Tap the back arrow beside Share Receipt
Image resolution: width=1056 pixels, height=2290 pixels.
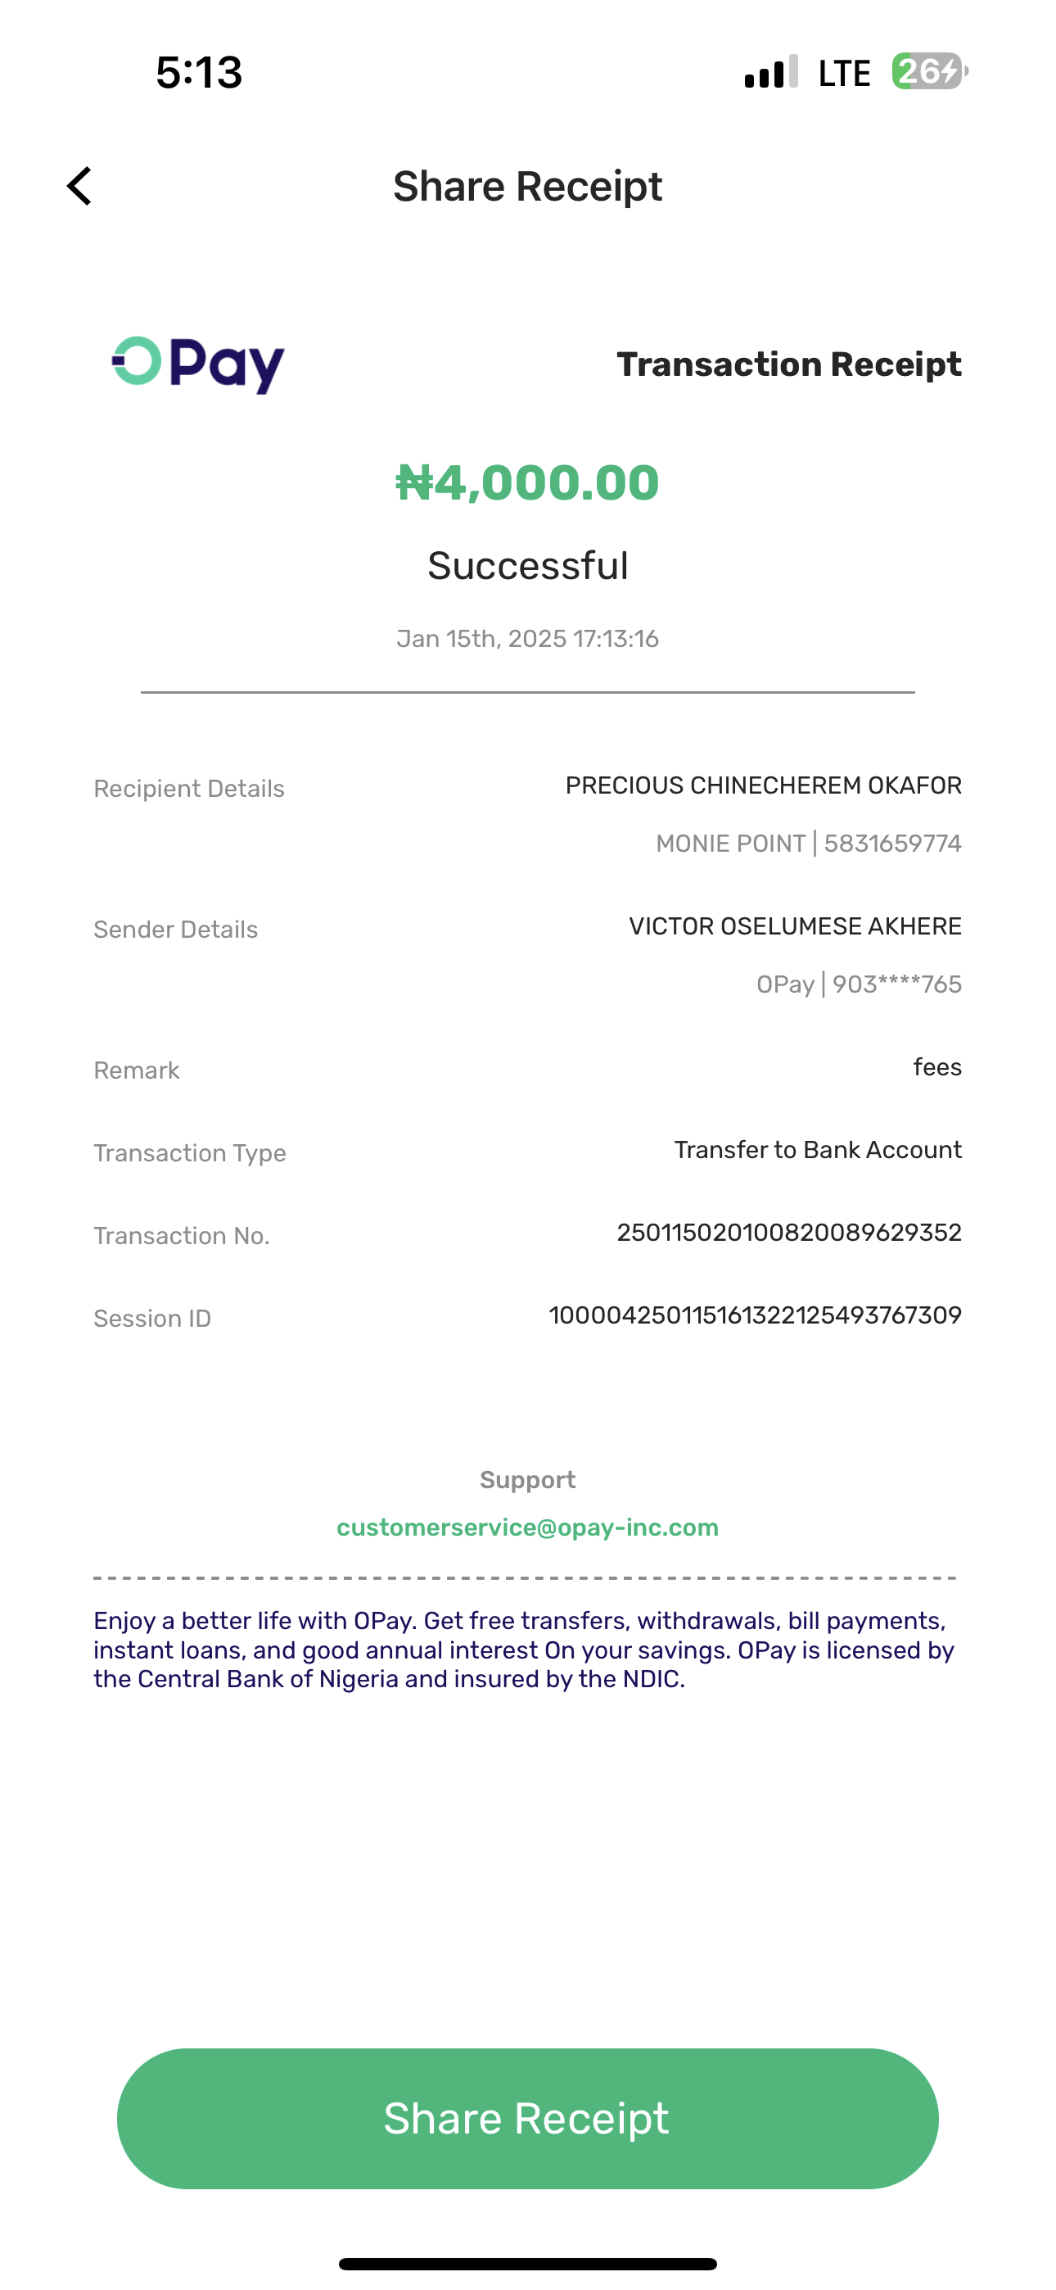[80, 186]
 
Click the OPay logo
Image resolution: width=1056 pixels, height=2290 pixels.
[198, 364]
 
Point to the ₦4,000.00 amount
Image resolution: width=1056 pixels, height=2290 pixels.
[527, 482]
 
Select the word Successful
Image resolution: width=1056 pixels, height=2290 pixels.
[527, 565]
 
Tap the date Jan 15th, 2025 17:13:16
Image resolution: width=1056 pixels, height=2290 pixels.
[527, 639]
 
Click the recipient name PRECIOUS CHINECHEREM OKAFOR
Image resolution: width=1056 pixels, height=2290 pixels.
[763, 785]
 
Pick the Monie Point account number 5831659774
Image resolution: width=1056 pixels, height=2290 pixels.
[892, 844]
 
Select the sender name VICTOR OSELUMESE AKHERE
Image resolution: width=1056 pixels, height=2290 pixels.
[795, 926]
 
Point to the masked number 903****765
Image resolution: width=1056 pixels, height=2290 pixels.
[896, 985]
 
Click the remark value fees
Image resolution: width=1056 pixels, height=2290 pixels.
[936, 1066]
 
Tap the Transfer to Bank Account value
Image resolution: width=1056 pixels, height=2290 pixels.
[817, 1151]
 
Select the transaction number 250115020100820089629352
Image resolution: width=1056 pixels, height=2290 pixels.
[788, 1233]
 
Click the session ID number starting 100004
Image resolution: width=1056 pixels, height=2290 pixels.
[755, 1315]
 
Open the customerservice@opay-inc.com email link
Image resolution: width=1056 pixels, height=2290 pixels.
[527, 1527]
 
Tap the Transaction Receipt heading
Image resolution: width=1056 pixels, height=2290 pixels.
[788, 364]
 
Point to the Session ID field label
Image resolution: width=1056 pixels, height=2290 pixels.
[152, 1319]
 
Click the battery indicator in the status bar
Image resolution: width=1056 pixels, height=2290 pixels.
[929, 72]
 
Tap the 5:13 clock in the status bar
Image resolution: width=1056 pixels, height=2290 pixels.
[199, 72]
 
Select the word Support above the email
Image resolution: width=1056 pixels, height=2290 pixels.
[527, 1479]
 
